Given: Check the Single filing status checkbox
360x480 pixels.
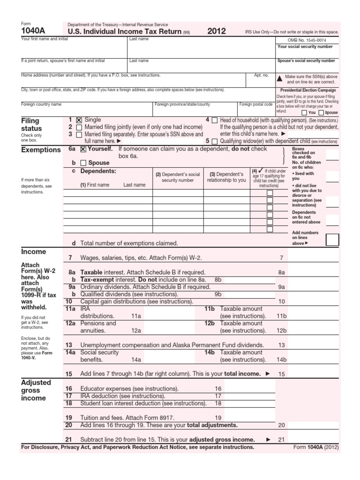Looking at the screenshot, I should [x=79, y=120].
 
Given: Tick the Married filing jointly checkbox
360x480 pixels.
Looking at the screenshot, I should [x=79, y=127].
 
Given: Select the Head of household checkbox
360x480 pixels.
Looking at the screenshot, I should [x=214, y=120].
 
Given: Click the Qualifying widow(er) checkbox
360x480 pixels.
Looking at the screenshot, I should [x=214, y=141].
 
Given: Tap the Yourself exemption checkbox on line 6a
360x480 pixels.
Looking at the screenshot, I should [x=83, y=150].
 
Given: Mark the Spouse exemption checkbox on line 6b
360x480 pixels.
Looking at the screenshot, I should [x=83, y=163].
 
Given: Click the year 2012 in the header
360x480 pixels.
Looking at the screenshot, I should [x=217, y=31].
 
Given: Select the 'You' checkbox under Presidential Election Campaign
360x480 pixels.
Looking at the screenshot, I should [x=305, y=112].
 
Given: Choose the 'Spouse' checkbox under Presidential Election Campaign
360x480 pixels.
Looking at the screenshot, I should [x=321, y=112].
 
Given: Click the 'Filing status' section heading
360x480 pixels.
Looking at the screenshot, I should [x=31, y=124].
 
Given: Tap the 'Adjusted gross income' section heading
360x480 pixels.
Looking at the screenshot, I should [x=34, y=390].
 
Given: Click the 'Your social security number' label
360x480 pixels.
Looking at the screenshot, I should [x=306, y=47].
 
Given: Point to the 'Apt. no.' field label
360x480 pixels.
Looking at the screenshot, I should [x=261, y=75].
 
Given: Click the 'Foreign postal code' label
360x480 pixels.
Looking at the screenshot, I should [x=255, y=104].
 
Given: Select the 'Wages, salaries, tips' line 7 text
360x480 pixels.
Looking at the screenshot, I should [x=141, y=258].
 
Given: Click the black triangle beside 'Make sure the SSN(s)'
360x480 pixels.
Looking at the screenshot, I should [x=280, y=79].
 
